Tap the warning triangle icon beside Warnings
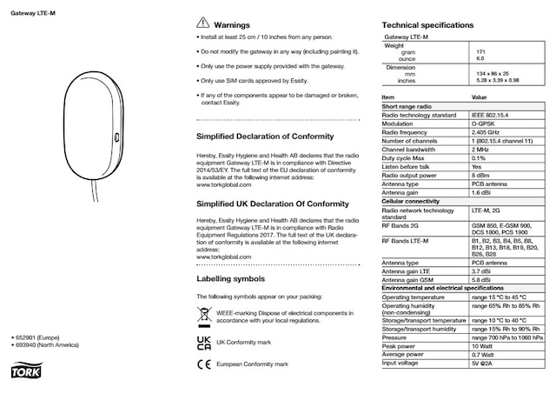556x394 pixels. coord(202,24)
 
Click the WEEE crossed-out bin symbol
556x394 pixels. coord(203,314)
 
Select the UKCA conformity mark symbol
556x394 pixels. coord(203,343)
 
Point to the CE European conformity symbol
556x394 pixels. coord(203,364)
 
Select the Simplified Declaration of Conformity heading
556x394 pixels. coord(265,137)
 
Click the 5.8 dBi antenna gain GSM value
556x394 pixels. coord(482,280)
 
